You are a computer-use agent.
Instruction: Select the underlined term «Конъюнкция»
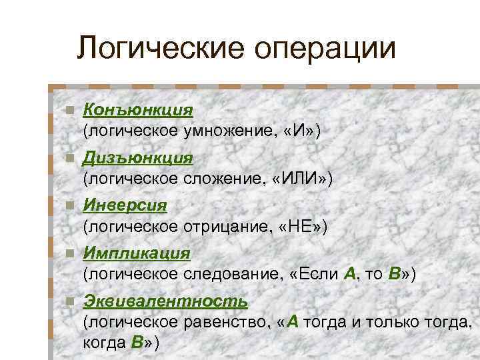tap(137, 109)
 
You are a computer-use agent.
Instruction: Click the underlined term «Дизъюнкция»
tap(137, 158)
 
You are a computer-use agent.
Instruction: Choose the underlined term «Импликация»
tap(137, 253)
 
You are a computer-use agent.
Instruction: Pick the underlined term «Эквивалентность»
tap(165, 301)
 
